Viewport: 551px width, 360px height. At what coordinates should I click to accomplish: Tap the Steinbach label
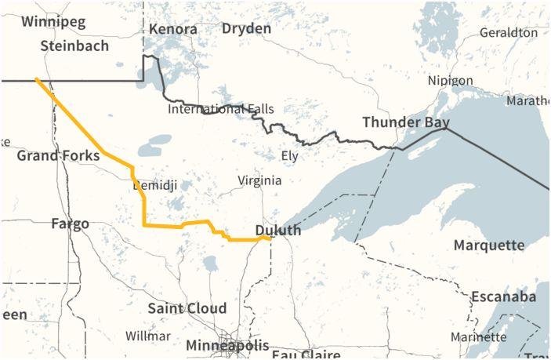pyautogui.click(x=74, y=45)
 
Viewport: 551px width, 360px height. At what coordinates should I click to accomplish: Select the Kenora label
pyautogui.click(x=172, y=29)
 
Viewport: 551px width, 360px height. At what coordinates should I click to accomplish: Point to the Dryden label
pyautogui.click(x=246, y=28)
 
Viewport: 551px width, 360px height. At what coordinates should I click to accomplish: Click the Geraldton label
pyautogui.click(x=508, y=32)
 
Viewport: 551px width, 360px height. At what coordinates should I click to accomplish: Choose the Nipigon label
pyautogui.click(x=450, y=81)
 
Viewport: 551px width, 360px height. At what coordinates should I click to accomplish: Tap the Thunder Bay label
pyautogui.click(x=405, y=122)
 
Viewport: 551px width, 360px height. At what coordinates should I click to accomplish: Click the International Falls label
pyautogui.click(x=221, y=109)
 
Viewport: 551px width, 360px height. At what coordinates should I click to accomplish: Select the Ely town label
pyautogui.click(x=289, y=155)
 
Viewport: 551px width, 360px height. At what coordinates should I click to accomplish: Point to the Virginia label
pyautogui.click(x=259, y=180)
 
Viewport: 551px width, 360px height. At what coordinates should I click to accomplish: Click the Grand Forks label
pyautogui.click(x=58, y=155)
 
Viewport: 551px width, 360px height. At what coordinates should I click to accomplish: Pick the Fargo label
pyautogui.click(x=70, y=224)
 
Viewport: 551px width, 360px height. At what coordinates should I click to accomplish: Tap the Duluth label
pyautogui.click(x=277, y=231)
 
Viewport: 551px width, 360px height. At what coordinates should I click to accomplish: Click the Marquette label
pyautogui.click(x=489, y=245)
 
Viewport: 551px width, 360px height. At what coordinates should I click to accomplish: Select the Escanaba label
pyautogui.click(x=503, y=296)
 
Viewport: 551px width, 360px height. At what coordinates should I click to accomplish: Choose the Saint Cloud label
pyautogui.click(x=187, y=308)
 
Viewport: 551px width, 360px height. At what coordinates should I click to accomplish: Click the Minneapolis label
pyautogui.click(x=227, y=345)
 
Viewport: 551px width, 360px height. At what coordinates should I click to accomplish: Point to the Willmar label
pyautogui.click(x=148, y=336)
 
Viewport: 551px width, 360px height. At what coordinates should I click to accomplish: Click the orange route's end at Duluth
pyautogui.click(x=270, y=238)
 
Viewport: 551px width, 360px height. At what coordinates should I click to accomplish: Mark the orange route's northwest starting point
pyautogui.click(x=36, y=79)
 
